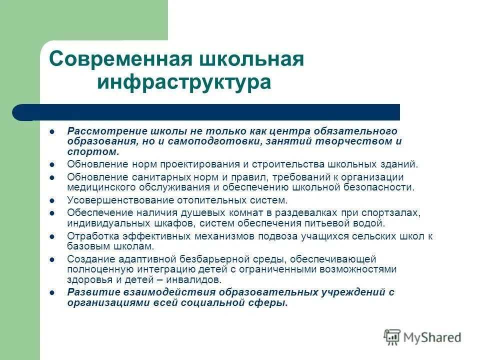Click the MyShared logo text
pyautogui.click(x=432, y=337)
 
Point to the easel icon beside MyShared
pyautogui.click(x=392, y=336)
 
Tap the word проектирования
pyautogui.click(x=197, y=164)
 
